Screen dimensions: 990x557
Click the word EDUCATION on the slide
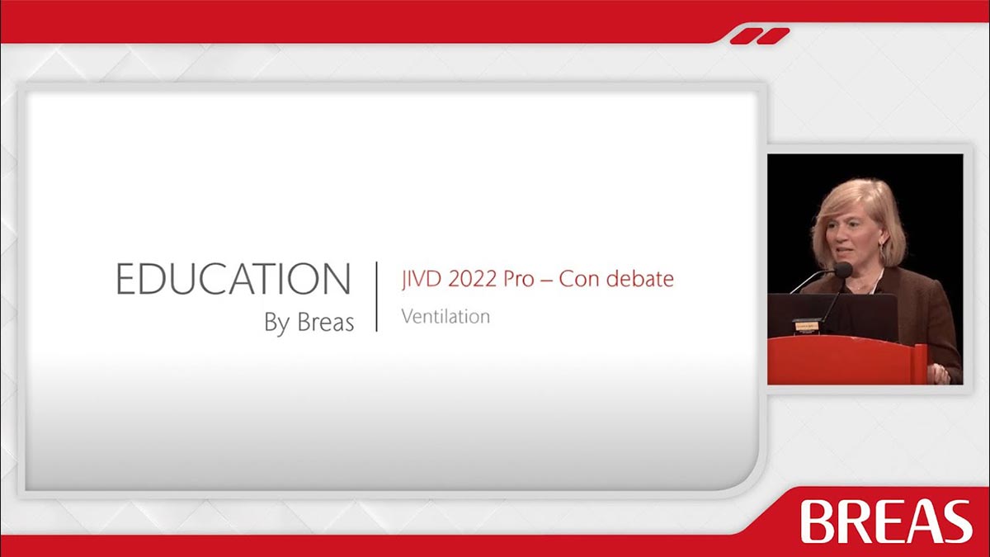tap(233, 279)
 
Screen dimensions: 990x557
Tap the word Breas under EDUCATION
tap(325, 322)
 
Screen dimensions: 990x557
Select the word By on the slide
tap(277, 323)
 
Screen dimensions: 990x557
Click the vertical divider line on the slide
tap(376, 296)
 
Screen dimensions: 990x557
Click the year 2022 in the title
tap(472, 279)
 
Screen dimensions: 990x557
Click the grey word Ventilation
tap(445, 317)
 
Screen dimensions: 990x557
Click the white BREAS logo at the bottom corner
tap(886, 522)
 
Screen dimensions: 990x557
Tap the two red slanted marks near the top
tap(760, 36)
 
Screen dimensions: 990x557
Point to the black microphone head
tap(843, 270)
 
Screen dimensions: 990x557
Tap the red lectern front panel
tap(842, 360)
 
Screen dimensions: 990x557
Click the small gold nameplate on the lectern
tap(807, 326)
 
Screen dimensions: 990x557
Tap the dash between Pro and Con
tap(546, 281)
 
